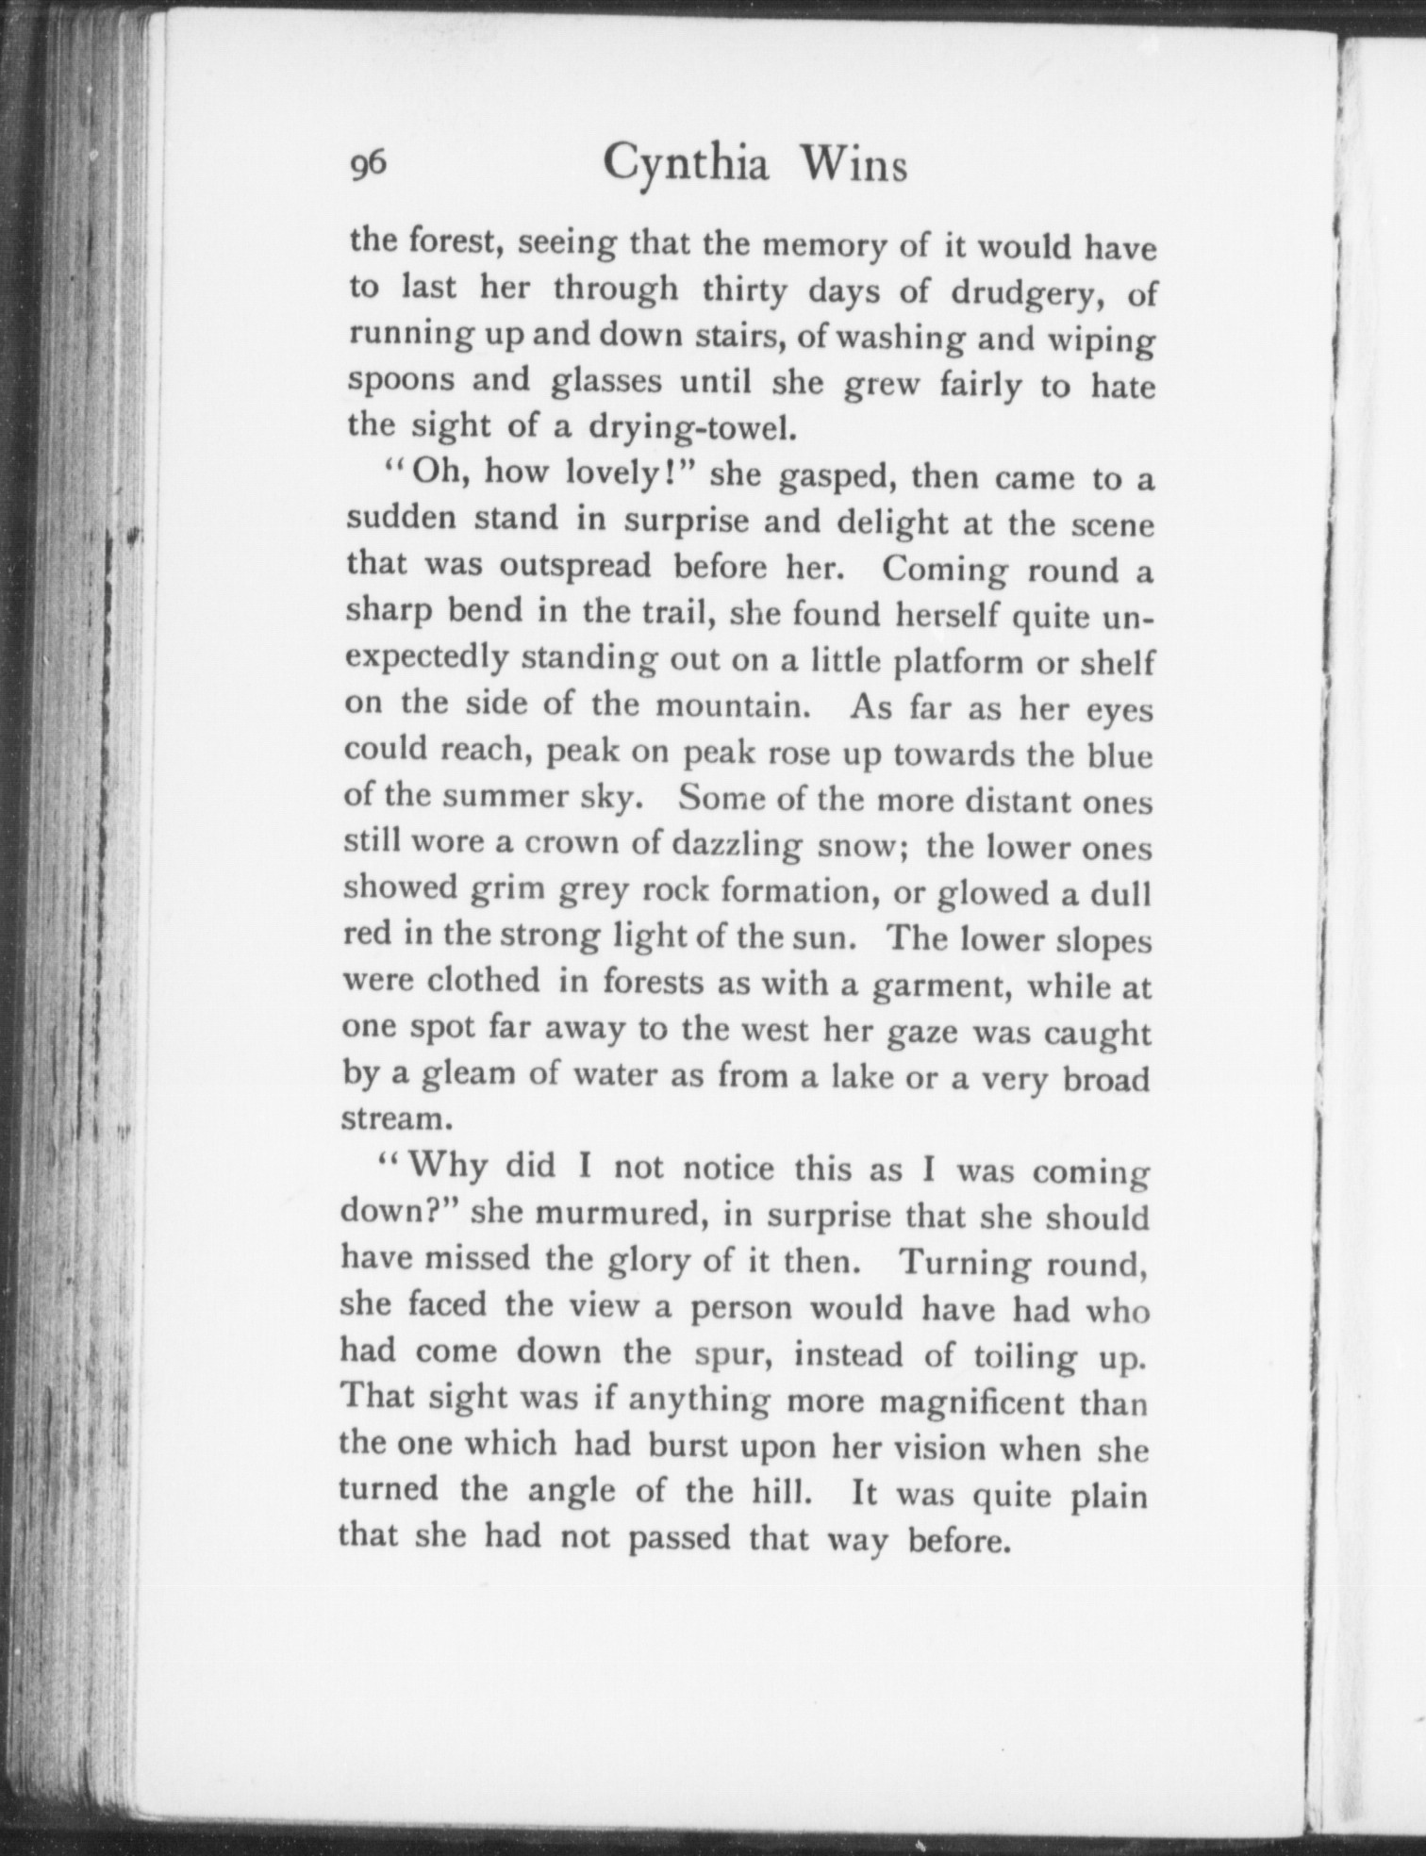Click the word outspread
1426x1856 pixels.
click(x=575, y=565)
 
